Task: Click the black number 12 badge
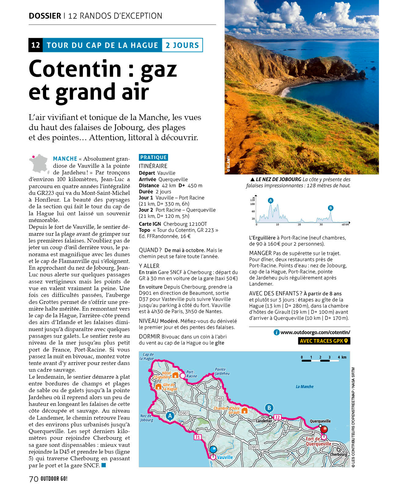[35, 45]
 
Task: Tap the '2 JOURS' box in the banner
[182, 45]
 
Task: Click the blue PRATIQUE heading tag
[153, 157]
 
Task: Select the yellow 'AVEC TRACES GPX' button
[324, 341]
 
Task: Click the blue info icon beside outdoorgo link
[277, 332]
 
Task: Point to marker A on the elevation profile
[270, 201]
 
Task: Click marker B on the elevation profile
[330, 208]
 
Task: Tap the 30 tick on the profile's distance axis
[321, 224]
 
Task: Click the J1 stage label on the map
[198, 437]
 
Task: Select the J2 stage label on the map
[277, 417]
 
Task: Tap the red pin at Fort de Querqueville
[324, 430]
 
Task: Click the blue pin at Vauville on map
[213, 450]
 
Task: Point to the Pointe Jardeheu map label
[222, 371]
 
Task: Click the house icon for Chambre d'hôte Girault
[244, 410]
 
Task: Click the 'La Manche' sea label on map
[304, 387]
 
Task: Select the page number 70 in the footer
[34, 479]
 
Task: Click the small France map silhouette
[39, 164]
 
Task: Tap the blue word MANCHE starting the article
[65, 159]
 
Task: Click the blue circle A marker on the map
[170, 416]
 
